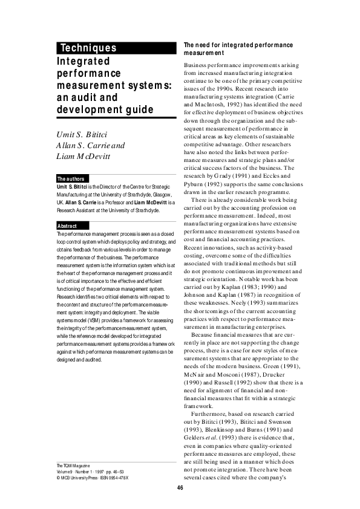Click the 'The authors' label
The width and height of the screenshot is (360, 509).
(70, 178)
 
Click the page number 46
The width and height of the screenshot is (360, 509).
(180, 488)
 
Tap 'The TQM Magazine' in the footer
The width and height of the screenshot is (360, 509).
(73, 465)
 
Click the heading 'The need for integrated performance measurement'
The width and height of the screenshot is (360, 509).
(238, 49)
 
